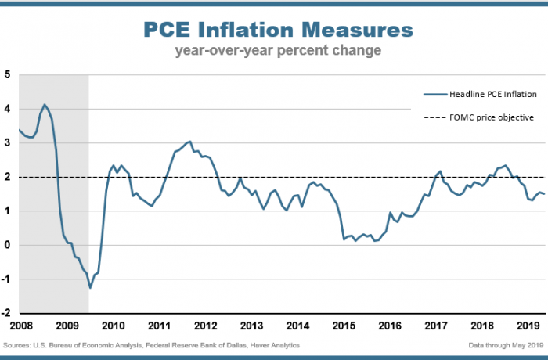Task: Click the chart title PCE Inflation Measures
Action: (x=278, y=31)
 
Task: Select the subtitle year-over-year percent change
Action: (x=278, y=52)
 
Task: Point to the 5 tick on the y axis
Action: (x=7, y=75)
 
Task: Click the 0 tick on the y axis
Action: (x=7, y=245)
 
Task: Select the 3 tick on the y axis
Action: (x=7, y=143)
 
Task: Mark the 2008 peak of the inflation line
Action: (x=45, y=104)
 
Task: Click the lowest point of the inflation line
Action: (x=90, y=288)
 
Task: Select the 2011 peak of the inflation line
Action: (x=189, y=142)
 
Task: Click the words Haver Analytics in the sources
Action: (x=274, y=345)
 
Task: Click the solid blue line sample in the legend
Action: (x=434, y=95)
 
